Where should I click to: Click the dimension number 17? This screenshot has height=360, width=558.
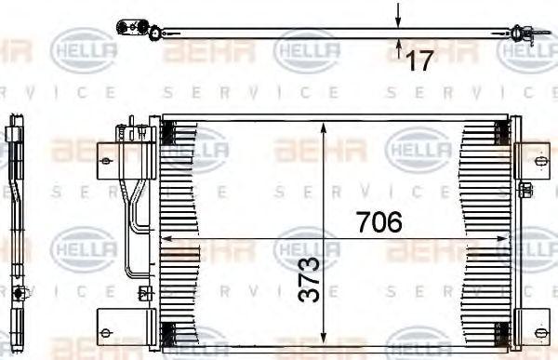pyautogui.click(x=420, y=61)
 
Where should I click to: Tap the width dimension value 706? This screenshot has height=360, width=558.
pyautogui.click(x=379, y=222)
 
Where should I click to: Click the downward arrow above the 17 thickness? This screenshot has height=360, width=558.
pyautogui.click(x=399, y=18)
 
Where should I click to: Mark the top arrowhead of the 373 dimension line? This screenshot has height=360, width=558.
pyautogui.click(x=324, y=127)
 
